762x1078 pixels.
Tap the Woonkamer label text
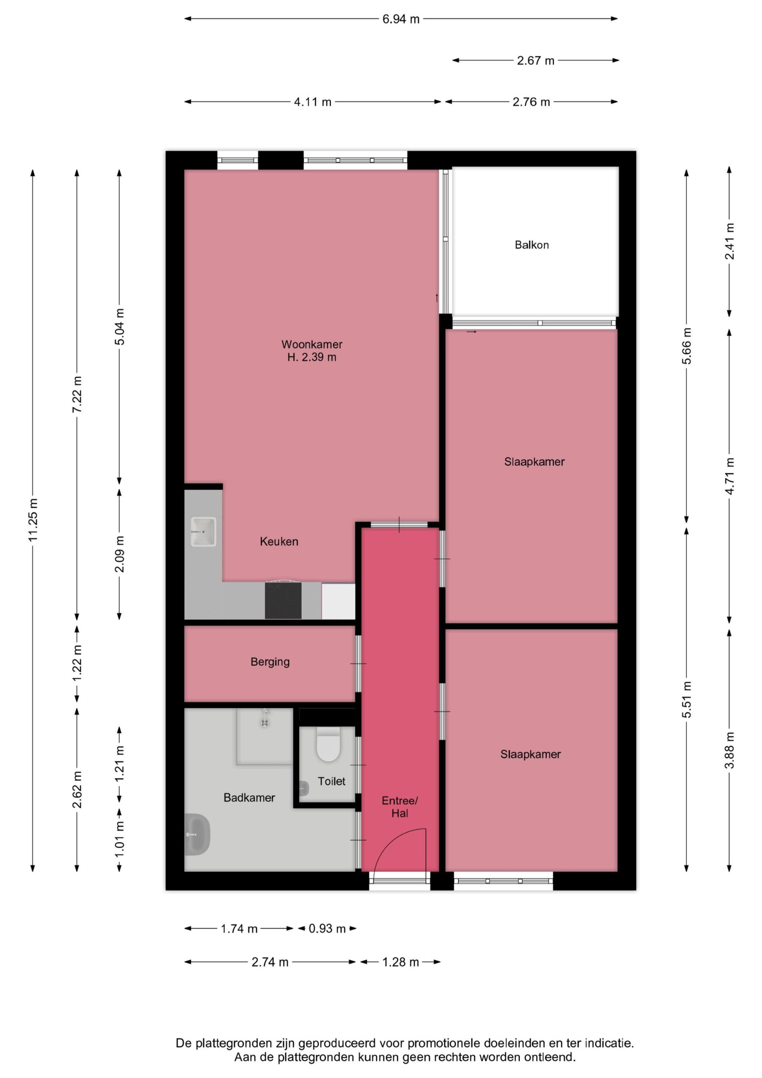[x=312, y=344]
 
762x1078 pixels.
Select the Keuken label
[x=279, y=542]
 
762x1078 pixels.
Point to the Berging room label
[x=270, y=662]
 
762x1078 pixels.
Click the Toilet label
[x=331, y=781]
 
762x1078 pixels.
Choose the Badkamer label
[x=249, y=798]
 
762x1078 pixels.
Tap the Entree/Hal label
[x=400, y=807]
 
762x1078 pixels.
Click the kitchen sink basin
[x=203, y=531]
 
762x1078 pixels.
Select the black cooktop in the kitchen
[x=283, y=600]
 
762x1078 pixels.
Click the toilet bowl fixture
[x=328, y=744]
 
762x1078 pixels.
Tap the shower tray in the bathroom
[x=264, y=736]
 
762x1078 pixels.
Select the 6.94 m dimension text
[x=400, y=19]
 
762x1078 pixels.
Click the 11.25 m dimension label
[x=33, y=519]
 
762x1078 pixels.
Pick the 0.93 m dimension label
[x=327, y=929]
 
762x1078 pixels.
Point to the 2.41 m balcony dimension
[x=730, y=241]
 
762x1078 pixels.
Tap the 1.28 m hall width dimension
[x=400, y=963]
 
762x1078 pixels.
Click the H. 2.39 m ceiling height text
[x=312, y=358]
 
